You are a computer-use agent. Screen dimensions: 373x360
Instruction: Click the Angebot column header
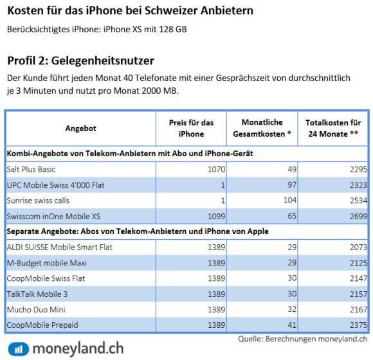(80, 129)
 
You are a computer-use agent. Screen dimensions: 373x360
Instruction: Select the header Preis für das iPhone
(191, 129)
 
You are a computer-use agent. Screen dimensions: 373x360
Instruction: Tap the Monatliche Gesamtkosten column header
(262, 128)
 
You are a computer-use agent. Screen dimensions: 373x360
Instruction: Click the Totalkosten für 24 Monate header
(333, 129)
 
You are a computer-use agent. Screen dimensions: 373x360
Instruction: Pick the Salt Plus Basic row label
(31, 169)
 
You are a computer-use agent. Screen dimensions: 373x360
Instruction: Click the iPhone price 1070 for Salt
(216, 169)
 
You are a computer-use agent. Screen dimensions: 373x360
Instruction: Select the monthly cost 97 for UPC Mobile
(292, 184)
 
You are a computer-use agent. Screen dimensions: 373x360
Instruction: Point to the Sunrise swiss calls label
(38, 201)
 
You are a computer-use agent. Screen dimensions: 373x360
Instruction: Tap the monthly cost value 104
(290, 200)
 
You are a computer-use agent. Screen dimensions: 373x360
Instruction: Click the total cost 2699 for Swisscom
(358, 216)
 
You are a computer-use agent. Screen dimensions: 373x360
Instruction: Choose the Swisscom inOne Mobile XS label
(53, 216)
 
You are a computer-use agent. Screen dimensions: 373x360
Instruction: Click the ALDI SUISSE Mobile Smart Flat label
(59, 248)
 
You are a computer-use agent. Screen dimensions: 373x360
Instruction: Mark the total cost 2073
(358, 248)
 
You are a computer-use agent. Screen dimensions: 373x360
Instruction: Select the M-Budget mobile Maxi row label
(46, 263)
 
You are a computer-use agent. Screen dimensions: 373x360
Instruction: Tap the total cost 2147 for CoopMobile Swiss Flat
(358, 278)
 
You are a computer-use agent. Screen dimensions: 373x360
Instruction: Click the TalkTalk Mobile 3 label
(37, 294)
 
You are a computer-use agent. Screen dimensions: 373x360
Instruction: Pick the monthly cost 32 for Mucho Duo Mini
(292, 309)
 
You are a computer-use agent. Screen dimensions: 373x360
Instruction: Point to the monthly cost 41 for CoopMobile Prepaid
(292, 325)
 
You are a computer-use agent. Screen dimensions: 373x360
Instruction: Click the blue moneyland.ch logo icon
(18, 349)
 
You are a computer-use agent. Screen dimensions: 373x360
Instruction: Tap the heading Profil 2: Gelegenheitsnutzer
(80, 60)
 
